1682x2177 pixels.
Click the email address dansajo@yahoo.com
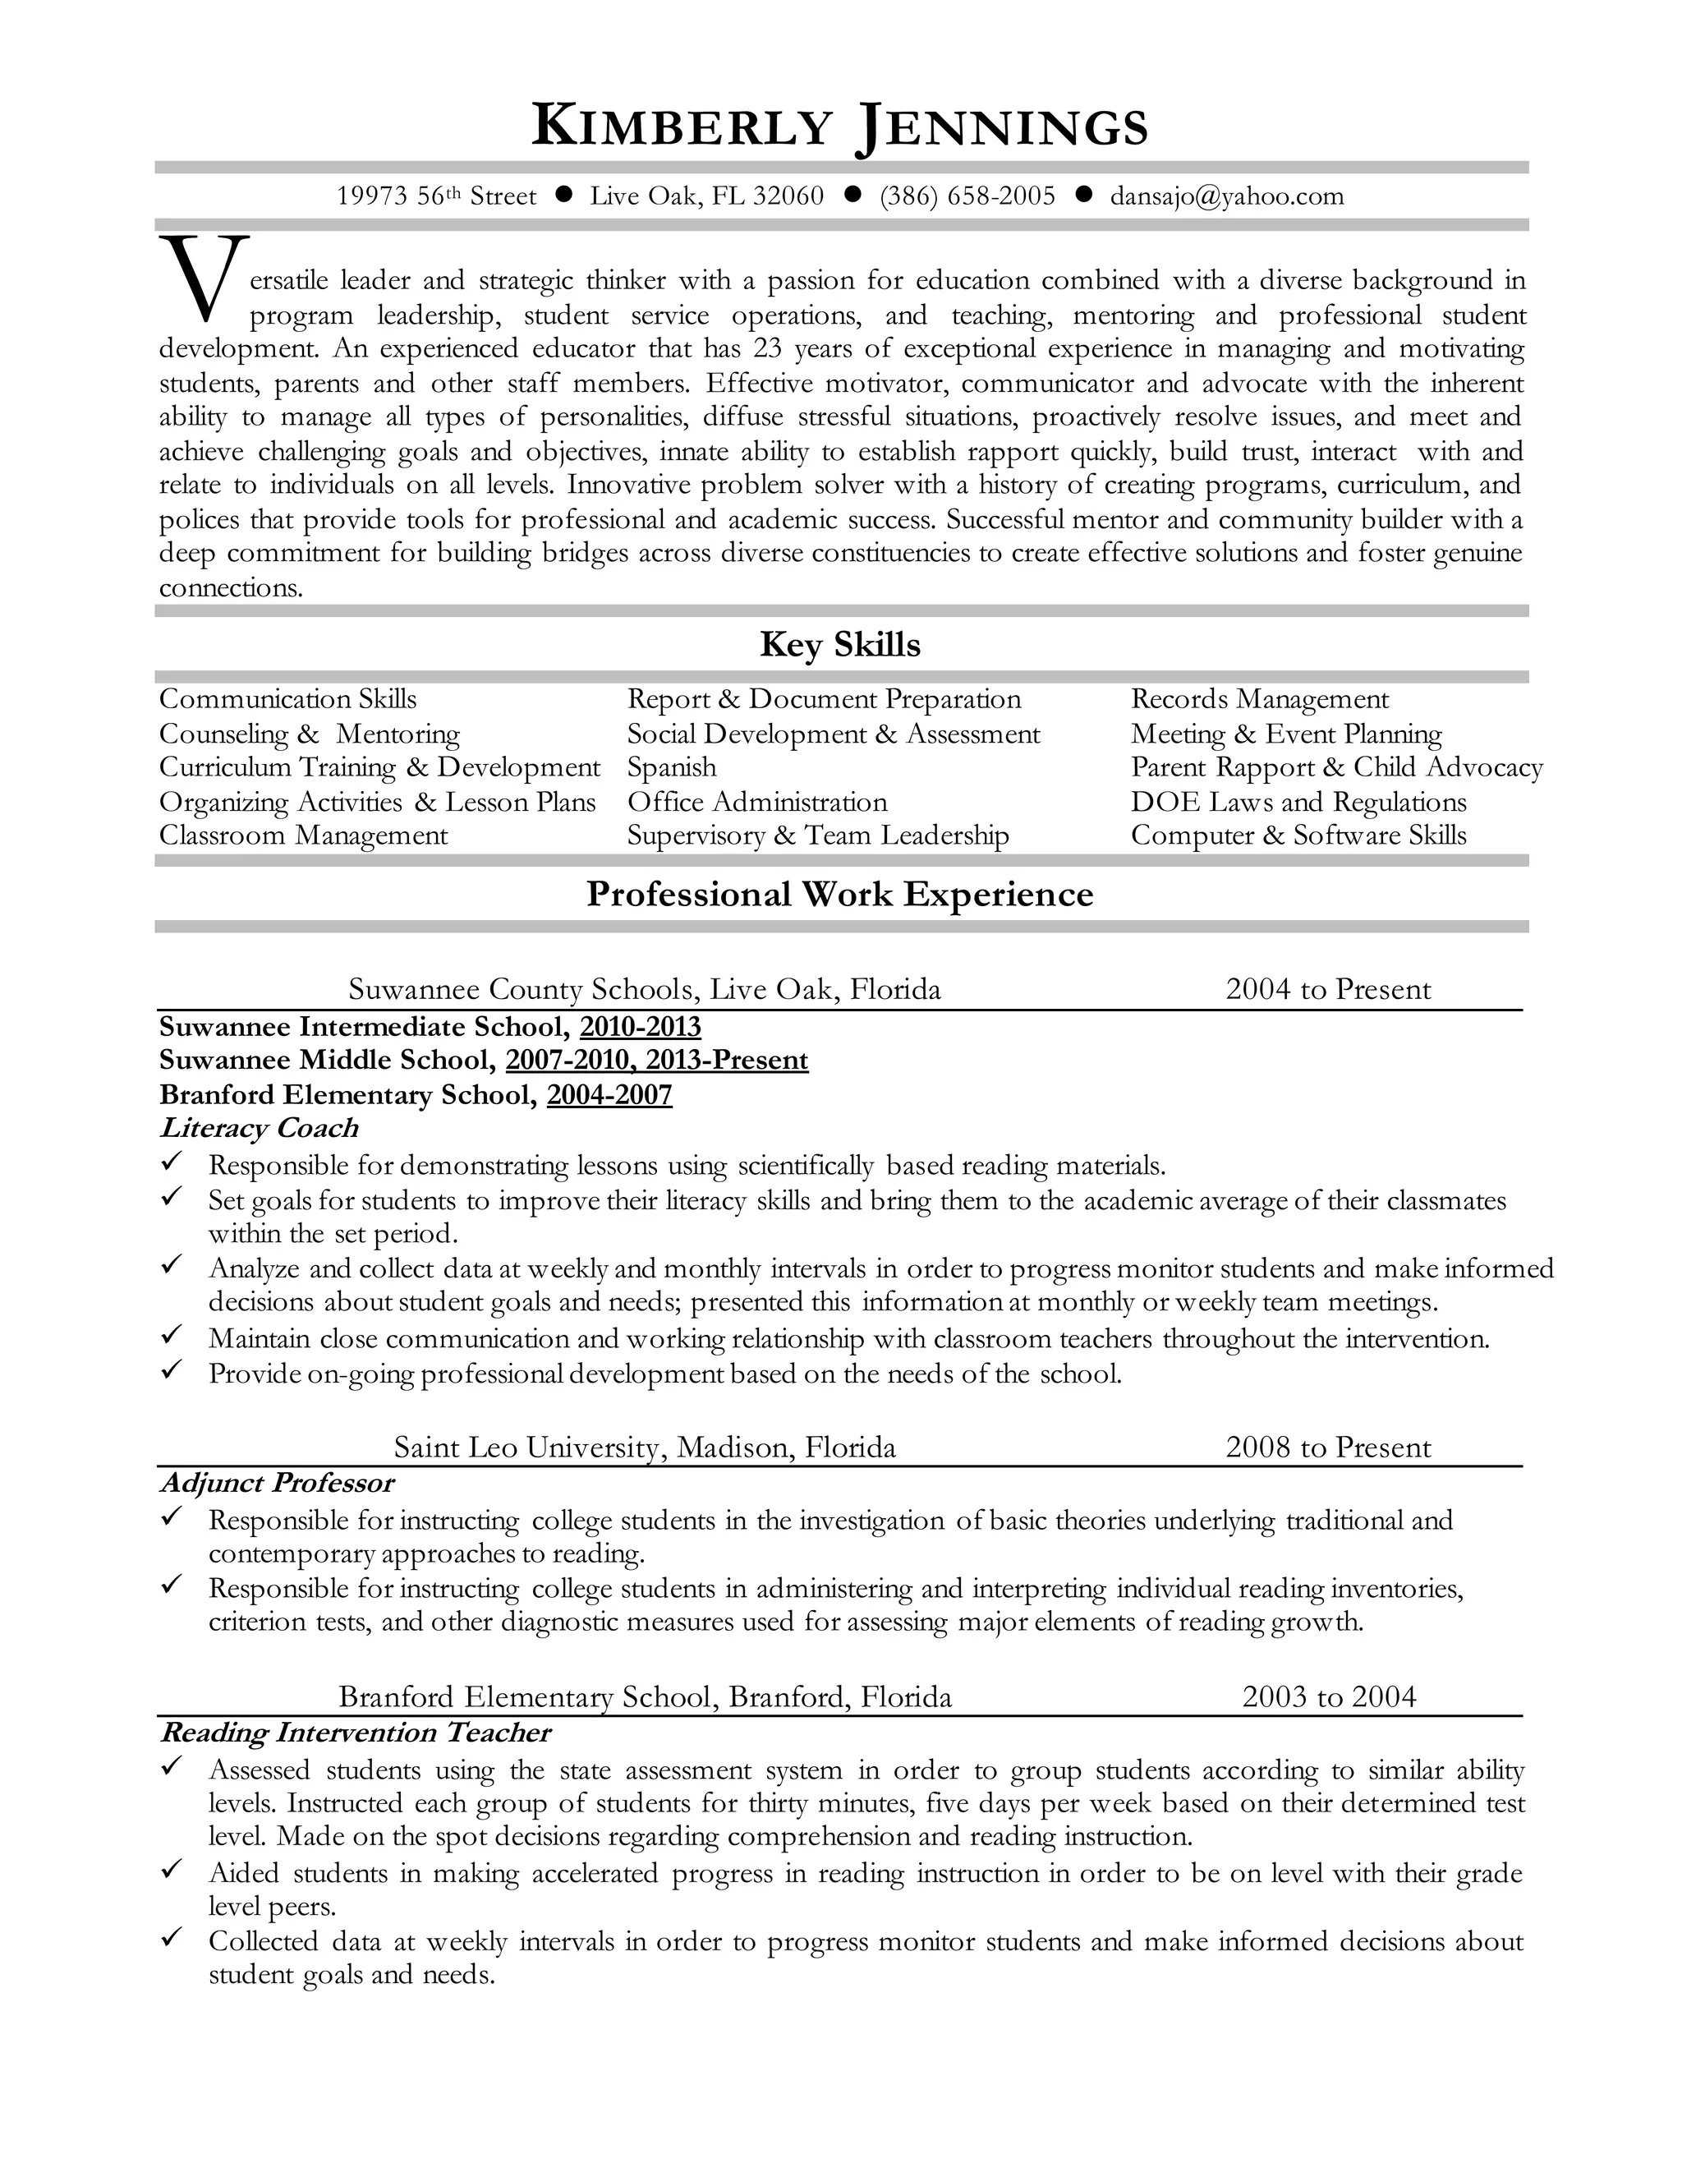pos(1227,196)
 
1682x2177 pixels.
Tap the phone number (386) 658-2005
pos(967,196)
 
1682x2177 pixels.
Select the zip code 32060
pos(788,196)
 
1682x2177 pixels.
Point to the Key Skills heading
pos(840,645)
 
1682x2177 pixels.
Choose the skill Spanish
pos(671,767)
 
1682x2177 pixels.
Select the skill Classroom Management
pos(303,835)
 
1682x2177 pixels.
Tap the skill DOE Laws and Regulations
pos(1298,803)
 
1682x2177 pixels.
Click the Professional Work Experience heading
pos(839,894)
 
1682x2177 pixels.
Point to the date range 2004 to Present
pos(1327,990)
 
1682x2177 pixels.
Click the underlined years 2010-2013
pos(640,1027)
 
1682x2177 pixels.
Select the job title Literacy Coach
pos(258,1129)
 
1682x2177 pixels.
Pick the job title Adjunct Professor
pos(277,1483)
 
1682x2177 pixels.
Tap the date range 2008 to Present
pos(1327,1447)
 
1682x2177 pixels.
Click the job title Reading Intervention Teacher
pos(355,1733)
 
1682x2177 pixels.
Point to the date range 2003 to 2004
pos(1328,1696)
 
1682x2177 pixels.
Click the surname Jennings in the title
pos(1001,127)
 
